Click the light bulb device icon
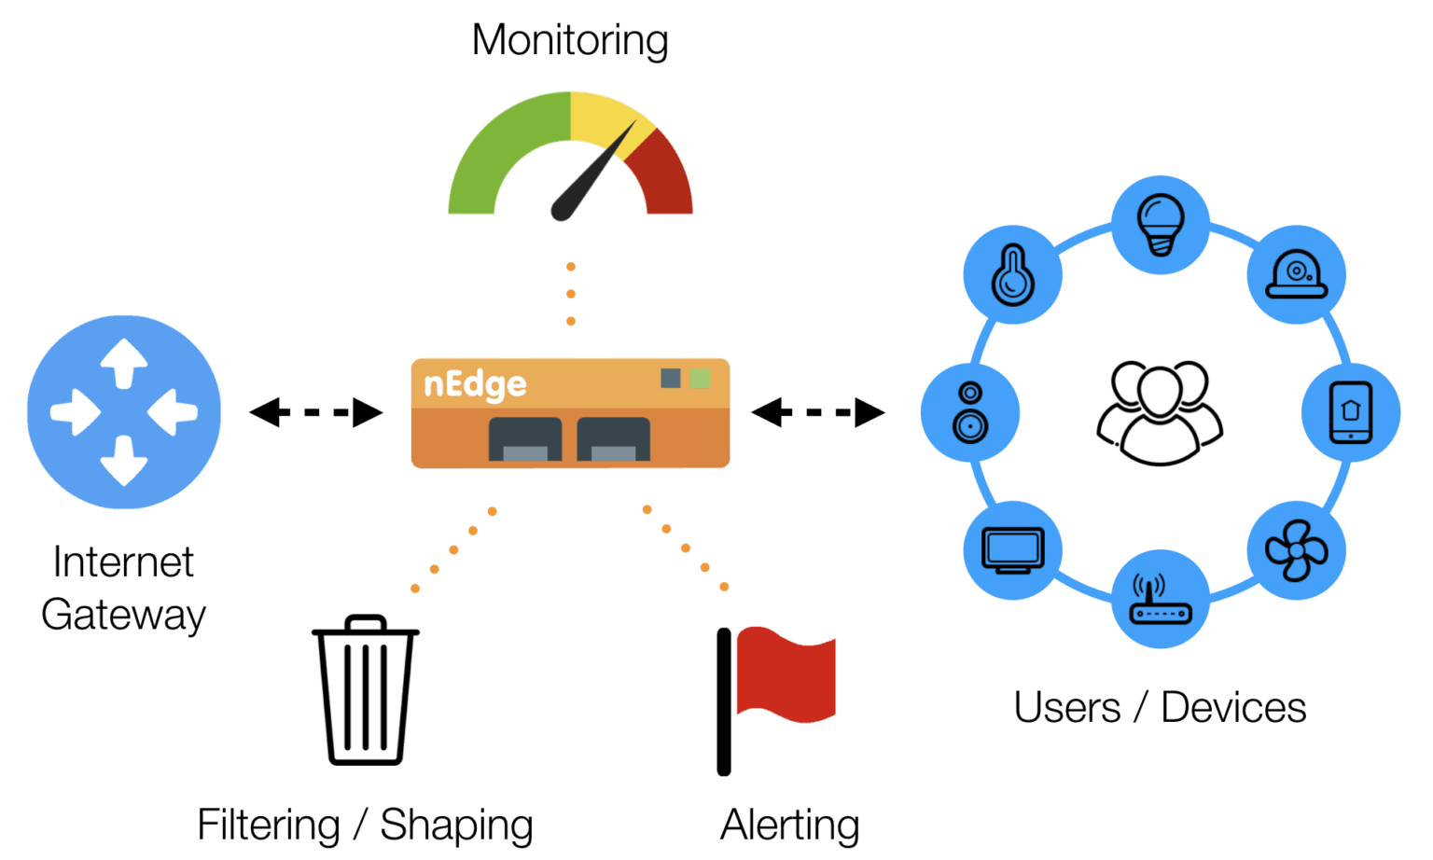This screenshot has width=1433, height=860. pyautogui.click(x=1161, y=224)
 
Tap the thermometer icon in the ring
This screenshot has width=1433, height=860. pyautogui.click(x=1012, y=274)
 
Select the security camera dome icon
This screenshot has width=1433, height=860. pyautogui.click(x=1296, y=274)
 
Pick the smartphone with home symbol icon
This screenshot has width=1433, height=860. pyautogui.click(x=1350, y=411)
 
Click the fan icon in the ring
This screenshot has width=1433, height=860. pyautogui.click(x=1296, y=549)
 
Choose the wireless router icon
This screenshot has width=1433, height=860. pyautogui.click(x=1161, y=600)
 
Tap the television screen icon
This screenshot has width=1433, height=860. pyautogui.click(x=1012, y=549)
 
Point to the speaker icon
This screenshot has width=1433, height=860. pyautogui.click(x=970, y=411)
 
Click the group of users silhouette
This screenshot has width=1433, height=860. pyautogui.click(x=1160, y=411)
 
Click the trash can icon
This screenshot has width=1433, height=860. pyautogui.click(x=366, y=690)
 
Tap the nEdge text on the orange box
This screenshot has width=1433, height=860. pyautogui.click(x=475, y=384)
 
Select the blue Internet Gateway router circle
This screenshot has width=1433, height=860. pyautogui.click(x=124, y=411)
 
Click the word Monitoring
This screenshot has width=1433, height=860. pyautogui.click(x=570, y=40)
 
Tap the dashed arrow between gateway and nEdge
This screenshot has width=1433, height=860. pyautogui.click(x=315, y=411)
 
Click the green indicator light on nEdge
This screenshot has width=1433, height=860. pyautogui.click(x=700, y=378)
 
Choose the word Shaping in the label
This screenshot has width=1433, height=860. pyautogui.click(x=456, y=825)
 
